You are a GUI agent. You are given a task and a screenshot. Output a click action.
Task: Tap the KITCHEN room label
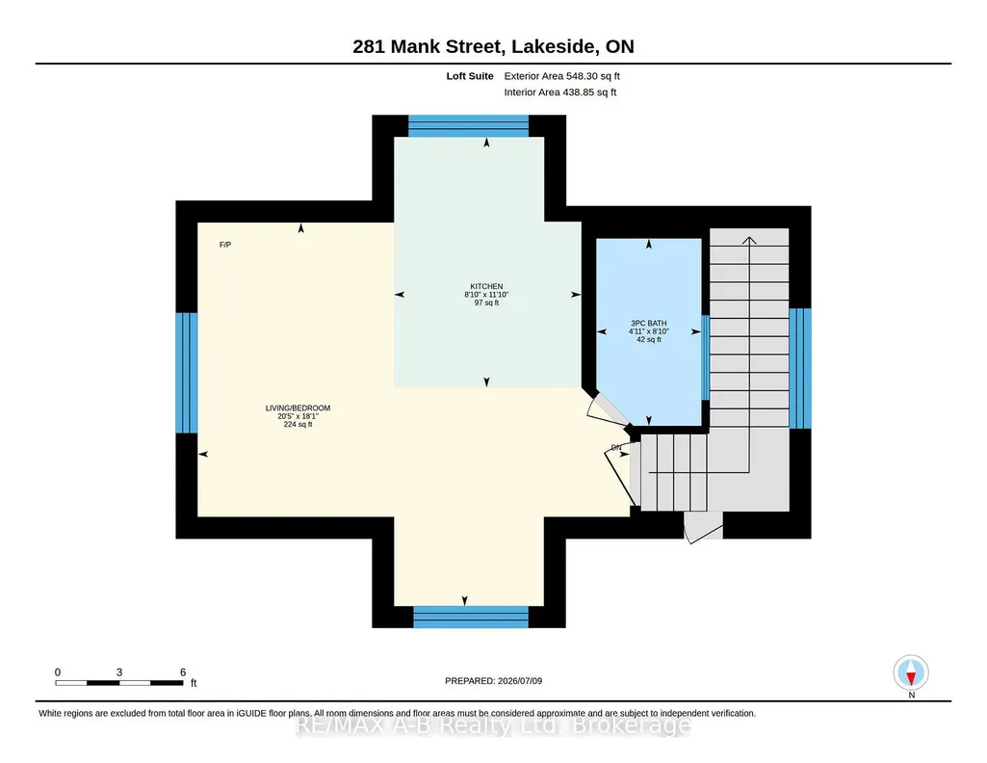(x=486, y=286)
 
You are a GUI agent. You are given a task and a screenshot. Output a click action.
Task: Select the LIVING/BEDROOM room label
(x=298, y=408)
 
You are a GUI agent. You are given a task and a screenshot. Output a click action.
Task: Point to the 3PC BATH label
(x=648, y=323)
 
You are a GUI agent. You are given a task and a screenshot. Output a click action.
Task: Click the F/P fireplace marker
(x=225, y=245)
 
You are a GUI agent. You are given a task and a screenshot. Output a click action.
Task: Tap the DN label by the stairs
(x=616, y=448)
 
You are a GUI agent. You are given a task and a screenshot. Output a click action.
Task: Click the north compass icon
(x=911, y=672)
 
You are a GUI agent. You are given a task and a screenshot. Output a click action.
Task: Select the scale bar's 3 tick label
(x=119, y=672)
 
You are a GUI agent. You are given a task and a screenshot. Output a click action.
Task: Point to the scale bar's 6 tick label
(x=183, y=672)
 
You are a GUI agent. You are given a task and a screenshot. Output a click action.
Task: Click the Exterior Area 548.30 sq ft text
(x=562, y=76)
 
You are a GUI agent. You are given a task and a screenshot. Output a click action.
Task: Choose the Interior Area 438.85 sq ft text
(x=560, y=92)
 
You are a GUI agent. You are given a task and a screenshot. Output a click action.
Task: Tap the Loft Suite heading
(x=470, y=76)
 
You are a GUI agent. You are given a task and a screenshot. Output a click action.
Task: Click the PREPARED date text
(x=493, y=680)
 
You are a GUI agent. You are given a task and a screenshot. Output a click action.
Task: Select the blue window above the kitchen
(x=468, y=126)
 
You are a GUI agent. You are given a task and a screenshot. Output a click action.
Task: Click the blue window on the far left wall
(x=186, y=373)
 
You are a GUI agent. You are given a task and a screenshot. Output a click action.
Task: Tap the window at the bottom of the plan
(x=471, y=617)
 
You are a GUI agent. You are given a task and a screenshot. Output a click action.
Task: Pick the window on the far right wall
(x=800, y=368)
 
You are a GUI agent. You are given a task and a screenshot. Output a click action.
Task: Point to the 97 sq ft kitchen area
(x=486, y=303)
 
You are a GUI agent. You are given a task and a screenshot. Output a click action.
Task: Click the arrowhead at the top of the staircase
(x=749, y=240)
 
